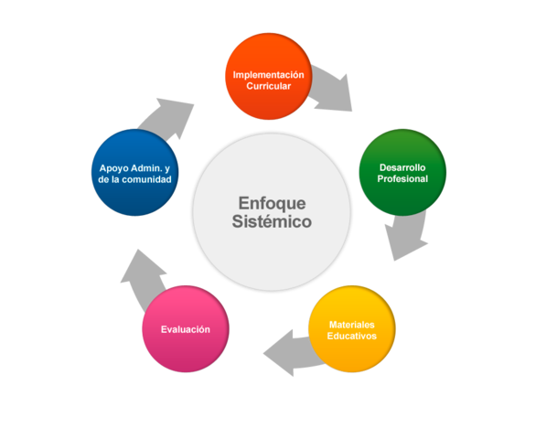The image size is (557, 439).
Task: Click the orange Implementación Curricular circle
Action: click(x=268, y=77)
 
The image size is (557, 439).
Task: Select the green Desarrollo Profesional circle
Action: click(x=402, y=172)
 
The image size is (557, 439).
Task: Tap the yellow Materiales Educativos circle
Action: click(x=352, y=328)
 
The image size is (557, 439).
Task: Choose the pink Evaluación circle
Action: click(x=186, y=328)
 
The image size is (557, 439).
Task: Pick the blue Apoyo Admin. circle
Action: click(x=135, y=172)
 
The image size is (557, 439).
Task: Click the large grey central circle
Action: click(x=272, y=211)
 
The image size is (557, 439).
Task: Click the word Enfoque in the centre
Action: click(x=272, y=202)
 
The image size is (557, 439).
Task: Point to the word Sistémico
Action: click(x=272, y=222)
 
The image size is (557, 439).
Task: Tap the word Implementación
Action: click(x=268, y=74)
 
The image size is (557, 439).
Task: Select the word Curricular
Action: click(x=268, y=86)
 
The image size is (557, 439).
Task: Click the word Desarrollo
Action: click(x=402, y=167)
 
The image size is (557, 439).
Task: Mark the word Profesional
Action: click(x=402, y=179)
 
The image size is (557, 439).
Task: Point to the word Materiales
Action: click(x=352, y=325)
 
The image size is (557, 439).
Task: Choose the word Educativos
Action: click(x=352, y=337)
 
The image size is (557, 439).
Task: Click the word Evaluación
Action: click(x=186, y=329)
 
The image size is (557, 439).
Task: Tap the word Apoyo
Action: click(x=115, y=168)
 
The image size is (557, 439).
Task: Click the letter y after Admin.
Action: click(x=168, y=168)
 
